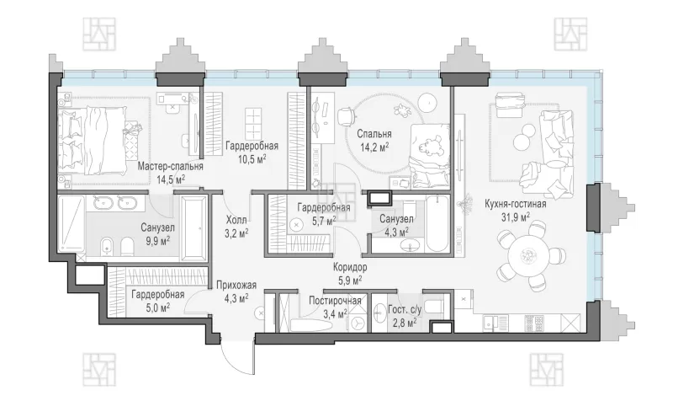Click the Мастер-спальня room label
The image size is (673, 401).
(x=171, y=166)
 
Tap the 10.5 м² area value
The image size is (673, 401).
(x=252, y=159)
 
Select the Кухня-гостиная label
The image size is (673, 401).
(x=516, y=204)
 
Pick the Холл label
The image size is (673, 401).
(x=236, y=221)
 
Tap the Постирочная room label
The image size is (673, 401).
(x=335, y=301)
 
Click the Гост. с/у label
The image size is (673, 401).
(x=405, y=309)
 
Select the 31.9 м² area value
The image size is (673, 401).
(x=516, y=217)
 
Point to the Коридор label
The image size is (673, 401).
(x=350, y=267)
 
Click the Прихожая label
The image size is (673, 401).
(x=236, y=285)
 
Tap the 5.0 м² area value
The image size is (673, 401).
(x=157, y=307)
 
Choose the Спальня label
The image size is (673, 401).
(x=374, y=134)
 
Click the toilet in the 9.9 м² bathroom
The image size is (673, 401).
(x=128, y=248)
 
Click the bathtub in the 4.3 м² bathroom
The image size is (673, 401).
(x=437, y=224)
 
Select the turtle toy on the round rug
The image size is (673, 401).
(x=403, y=110)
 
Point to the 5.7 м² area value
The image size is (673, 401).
(x=325, y=222)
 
